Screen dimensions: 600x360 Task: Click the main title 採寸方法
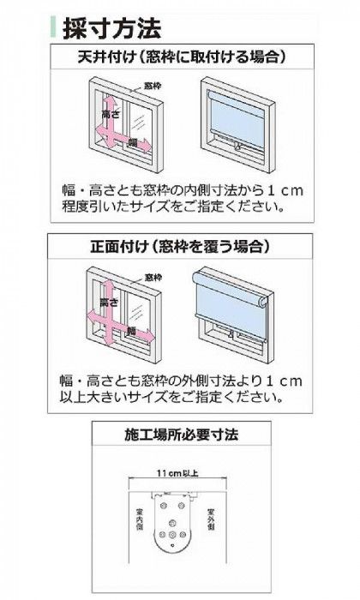(x=112, y=28)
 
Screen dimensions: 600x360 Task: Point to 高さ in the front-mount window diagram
(x=108, y=303)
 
